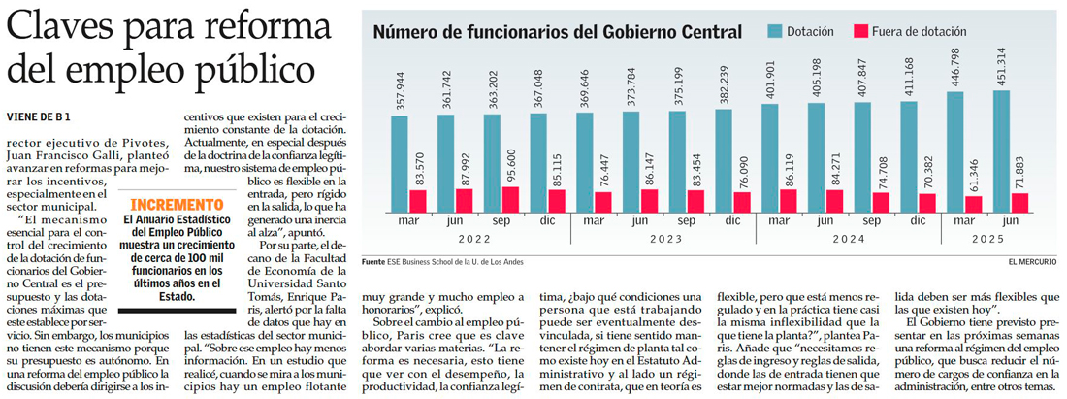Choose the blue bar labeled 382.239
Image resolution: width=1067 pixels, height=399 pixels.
coord(723,162)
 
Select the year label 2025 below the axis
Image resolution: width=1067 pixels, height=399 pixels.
coord(986,238)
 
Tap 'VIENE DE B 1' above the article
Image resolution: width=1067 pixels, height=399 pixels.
coord(40,117)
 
